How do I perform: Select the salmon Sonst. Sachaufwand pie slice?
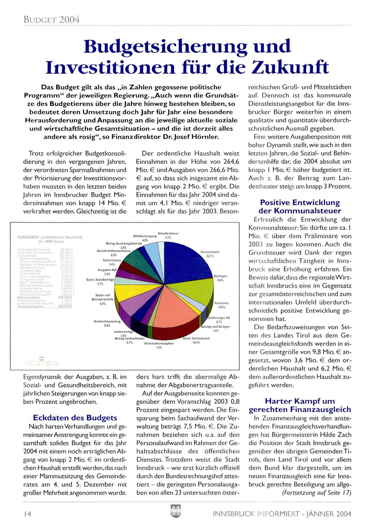click(171, 309)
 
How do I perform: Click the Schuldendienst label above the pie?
click(168, 233)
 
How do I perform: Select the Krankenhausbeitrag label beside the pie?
click(107, 321)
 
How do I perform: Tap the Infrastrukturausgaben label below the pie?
click(159, 343)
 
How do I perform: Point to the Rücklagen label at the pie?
click(220, 276)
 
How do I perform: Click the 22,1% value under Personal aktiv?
click(210, 256)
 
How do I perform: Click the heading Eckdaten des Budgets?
click(75, 418)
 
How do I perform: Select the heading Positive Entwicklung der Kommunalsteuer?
click(300, 207)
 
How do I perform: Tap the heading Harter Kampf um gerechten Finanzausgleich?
click(300, 405)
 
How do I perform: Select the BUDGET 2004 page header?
click(51, 20)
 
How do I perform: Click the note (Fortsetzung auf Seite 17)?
click(316, 493)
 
